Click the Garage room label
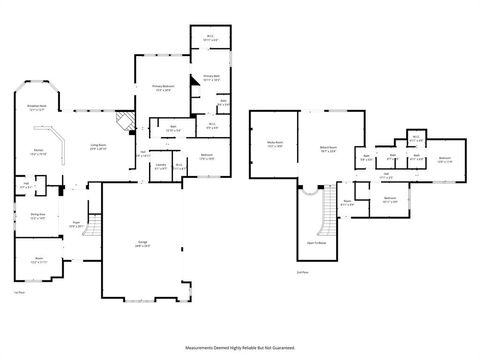[143, 245]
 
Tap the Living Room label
[99, 147]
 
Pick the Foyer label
[75, 224]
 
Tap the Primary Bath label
[210, 79]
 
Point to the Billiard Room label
[326, 148]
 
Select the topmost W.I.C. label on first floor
[210, 39]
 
